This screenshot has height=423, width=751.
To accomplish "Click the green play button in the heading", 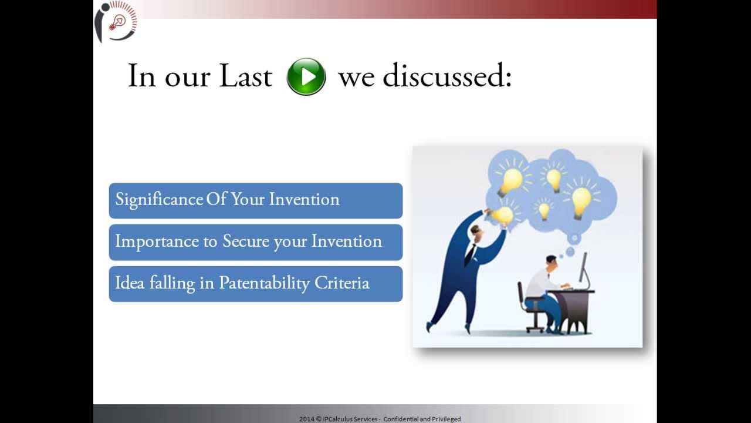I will tap(306, 77).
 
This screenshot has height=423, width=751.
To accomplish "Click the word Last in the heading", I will tap(245, 76).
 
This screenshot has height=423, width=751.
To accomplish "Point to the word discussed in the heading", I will tap(446, 76).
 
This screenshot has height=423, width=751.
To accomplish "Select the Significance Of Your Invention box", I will tap(255, 200).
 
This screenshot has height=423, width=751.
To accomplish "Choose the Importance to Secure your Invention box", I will tap(255, 242).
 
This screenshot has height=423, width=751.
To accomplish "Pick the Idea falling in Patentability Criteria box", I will tap(255, 284).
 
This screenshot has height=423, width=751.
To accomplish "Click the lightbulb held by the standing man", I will tap(503, 216).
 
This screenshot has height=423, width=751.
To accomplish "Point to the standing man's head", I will tap(476, 233).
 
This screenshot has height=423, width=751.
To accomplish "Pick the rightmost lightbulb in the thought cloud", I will tap(581, 200).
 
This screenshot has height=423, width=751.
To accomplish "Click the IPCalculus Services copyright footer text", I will tap(380, 419).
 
